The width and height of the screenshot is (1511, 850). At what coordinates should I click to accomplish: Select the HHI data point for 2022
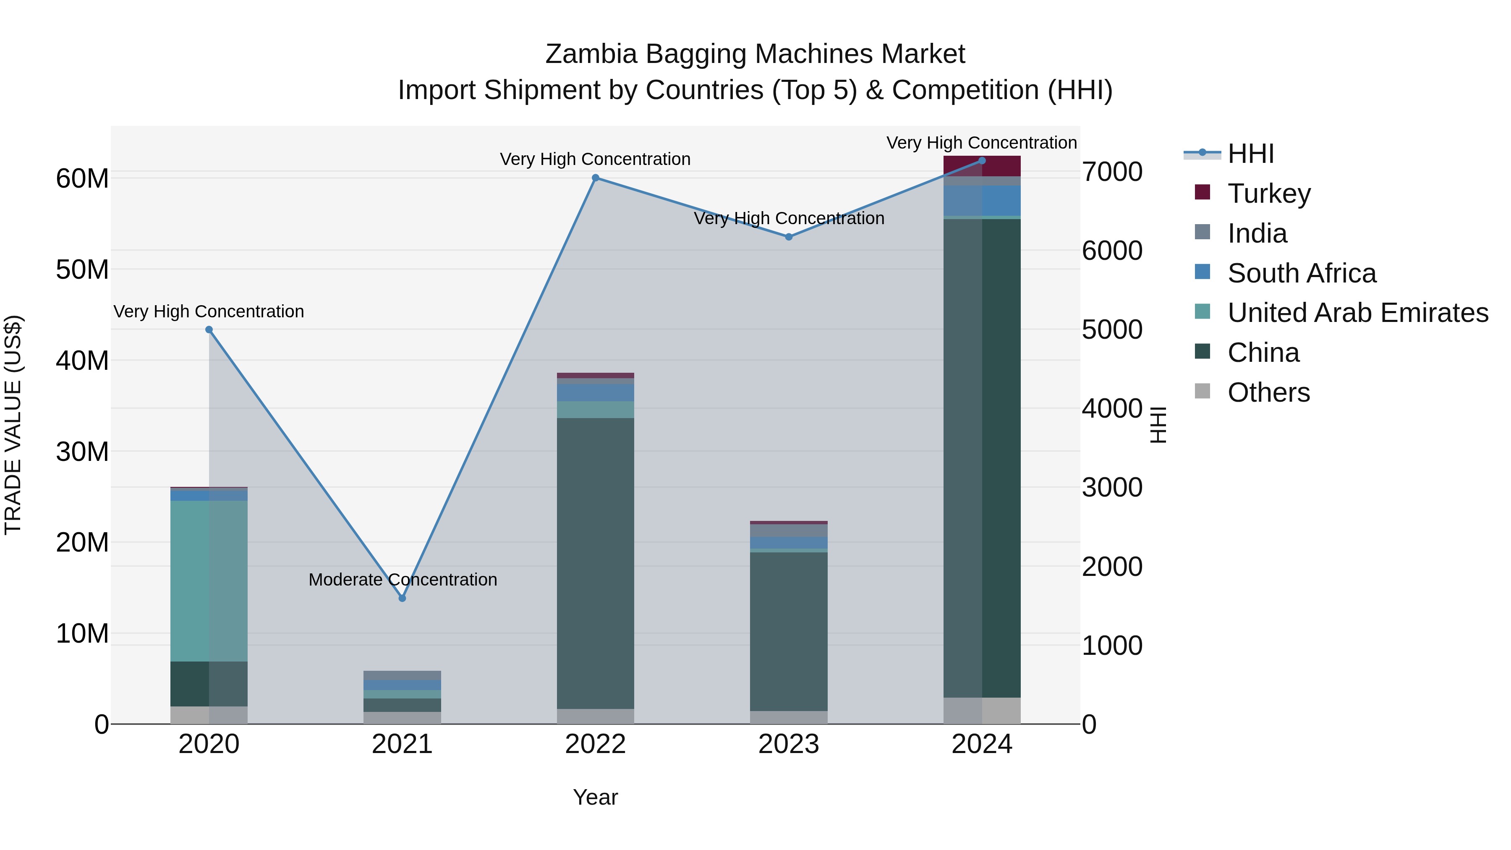(x=595, y=178)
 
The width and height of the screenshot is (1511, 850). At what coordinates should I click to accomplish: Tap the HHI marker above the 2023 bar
(x=789, y=237)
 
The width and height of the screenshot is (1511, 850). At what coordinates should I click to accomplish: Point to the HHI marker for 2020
(x=209, y=330)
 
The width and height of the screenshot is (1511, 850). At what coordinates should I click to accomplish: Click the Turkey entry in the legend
(x=1269, y=194)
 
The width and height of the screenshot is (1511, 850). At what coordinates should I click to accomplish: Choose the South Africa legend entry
(x=1302, y=273)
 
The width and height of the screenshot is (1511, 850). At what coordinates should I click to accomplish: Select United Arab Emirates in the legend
(x=1357, y=313)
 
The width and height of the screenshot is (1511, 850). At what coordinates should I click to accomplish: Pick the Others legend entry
(x=1268, y=392)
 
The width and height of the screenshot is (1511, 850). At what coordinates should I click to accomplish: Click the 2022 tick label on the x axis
(x=595, y=744)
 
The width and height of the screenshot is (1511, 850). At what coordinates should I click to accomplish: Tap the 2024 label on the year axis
(x=982, y=744)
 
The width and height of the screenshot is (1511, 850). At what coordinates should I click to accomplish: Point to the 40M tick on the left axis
(x=82, y=360)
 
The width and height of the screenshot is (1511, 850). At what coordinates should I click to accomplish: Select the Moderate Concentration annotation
(x=403, y=580)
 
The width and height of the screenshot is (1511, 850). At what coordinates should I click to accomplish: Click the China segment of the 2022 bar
(x=595, y=563)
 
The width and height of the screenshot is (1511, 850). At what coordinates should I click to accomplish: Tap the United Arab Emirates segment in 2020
(x=209, y=581)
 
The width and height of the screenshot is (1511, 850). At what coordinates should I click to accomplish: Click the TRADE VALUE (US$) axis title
(x=13, y=425)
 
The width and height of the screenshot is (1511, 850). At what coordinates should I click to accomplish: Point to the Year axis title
(x=595, y=797)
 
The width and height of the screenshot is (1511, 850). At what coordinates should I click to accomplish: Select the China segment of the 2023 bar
(x=789, y=631)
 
